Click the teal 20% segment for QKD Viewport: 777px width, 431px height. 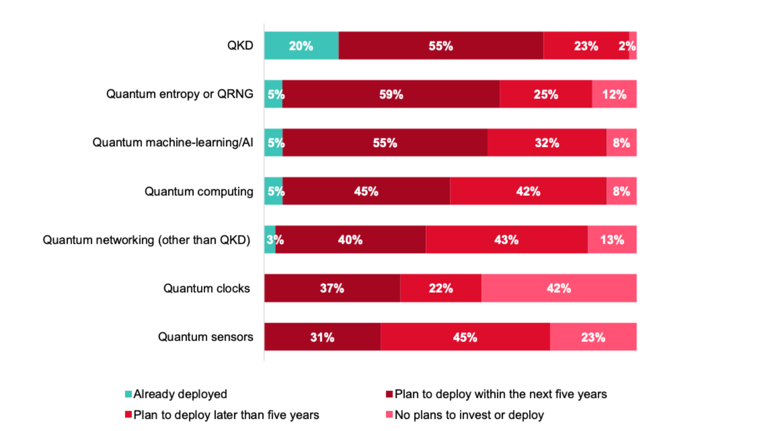(x=301, y=46)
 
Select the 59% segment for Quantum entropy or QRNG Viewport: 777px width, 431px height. (x=391, y=94)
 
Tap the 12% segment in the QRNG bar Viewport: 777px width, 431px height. (x=614, y=94)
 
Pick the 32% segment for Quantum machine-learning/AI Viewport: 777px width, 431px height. (x=547, y=143)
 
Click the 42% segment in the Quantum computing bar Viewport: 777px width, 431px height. (x=528, y=191)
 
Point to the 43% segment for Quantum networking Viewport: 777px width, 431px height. (x=506, y=240)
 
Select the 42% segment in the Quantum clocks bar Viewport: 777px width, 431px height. (x=559, y=288)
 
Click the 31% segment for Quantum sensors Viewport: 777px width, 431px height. (x=322, y=337)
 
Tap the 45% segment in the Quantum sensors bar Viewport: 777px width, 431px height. (x=465, y=337)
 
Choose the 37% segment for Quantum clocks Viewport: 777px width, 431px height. (x=332, y=288)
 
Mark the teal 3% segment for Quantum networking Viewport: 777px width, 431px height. (x=270, y=240)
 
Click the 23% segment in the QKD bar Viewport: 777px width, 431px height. (x=586, y=46)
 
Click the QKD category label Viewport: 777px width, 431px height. (x=240, y=46)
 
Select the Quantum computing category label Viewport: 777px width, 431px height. (x=199, y=192)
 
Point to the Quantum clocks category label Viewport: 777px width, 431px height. (x=206, y=288)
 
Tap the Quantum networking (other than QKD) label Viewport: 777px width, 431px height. (x=146, y=240)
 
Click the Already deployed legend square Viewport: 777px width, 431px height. (x=128, y=394)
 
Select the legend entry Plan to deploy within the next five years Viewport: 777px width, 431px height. (x=500, y=394)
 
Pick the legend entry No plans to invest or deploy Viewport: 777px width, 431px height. (x=469, y=415)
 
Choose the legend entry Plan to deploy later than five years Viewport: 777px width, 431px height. (x=226, y=415)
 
